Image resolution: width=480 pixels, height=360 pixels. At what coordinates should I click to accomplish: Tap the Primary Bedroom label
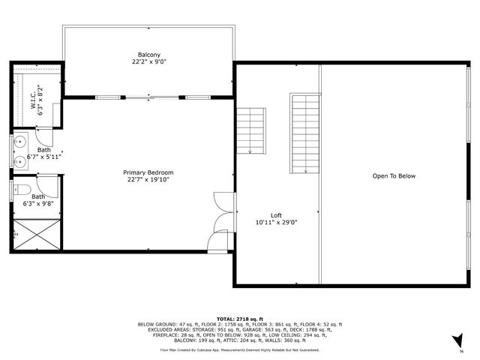pos(148,172)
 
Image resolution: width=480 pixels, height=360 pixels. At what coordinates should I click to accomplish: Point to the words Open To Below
pos(394,176)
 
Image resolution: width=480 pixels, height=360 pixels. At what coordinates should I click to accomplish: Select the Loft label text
pos(276,214)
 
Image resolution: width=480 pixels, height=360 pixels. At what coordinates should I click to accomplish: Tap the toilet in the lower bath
pos(22,189)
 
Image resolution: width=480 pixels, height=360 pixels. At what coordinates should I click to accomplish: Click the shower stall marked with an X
pos(37,234)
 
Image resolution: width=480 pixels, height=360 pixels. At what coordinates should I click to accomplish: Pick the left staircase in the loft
pos(252,130)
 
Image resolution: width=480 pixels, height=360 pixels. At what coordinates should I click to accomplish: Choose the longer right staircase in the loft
pos(305,133)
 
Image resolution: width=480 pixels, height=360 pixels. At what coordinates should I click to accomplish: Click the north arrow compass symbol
pos(454,340)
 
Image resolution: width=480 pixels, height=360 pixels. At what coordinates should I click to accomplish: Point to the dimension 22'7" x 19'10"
pos(148,179)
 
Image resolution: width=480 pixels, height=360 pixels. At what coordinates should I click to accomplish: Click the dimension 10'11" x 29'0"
pos(276,222)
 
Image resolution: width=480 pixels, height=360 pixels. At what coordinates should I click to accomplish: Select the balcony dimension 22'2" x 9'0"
pos(148,63)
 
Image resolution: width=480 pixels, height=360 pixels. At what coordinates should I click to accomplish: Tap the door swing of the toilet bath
pos(46,184)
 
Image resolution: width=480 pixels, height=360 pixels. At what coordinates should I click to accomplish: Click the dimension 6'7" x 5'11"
pos(44,157)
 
